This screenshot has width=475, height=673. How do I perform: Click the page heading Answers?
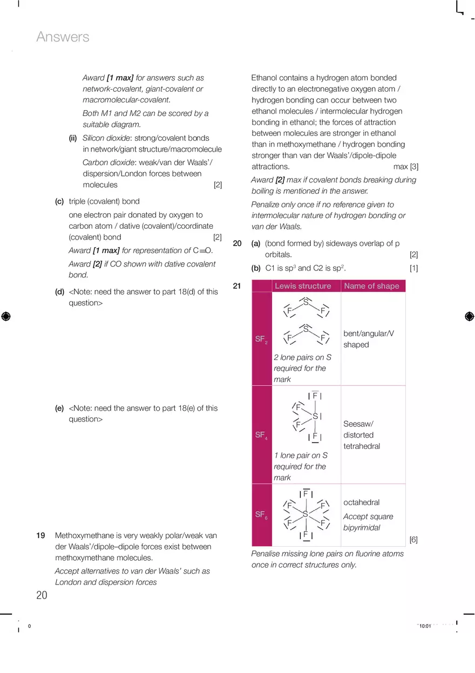coord(63,37)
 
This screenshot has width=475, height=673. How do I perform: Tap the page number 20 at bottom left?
coord(42,595)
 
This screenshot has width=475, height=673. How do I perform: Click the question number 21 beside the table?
coord(237,286)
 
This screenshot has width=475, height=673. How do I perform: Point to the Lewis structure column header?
coord(302,286)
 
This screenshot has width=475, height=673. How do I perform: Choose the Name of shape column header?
coord(371,286)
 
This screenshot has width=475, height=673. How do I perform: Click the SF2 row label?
coord(261,339)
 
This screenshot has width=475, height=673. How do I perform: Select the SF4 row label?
coord(261,435)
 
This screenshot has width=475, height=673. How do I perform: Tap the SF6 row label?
coord(261,515)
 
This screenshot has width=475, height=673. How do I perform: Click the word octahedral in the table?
coord(361,502)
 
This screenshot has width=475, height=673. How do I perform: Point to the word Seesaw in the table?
coord(358,424)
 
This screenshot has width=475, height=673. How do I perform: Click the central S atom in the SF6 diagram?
coord(306,514)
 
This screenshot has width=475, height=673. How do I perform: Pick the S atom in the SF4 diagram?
coord(315,416)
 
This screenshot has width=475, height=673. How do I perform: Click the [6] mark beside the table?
coord(413,540)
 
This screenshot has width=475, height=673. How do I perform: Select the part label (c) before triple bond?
coord(59,201)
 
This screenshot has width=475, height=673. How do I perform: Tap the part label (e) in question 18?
coord(59,408)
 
